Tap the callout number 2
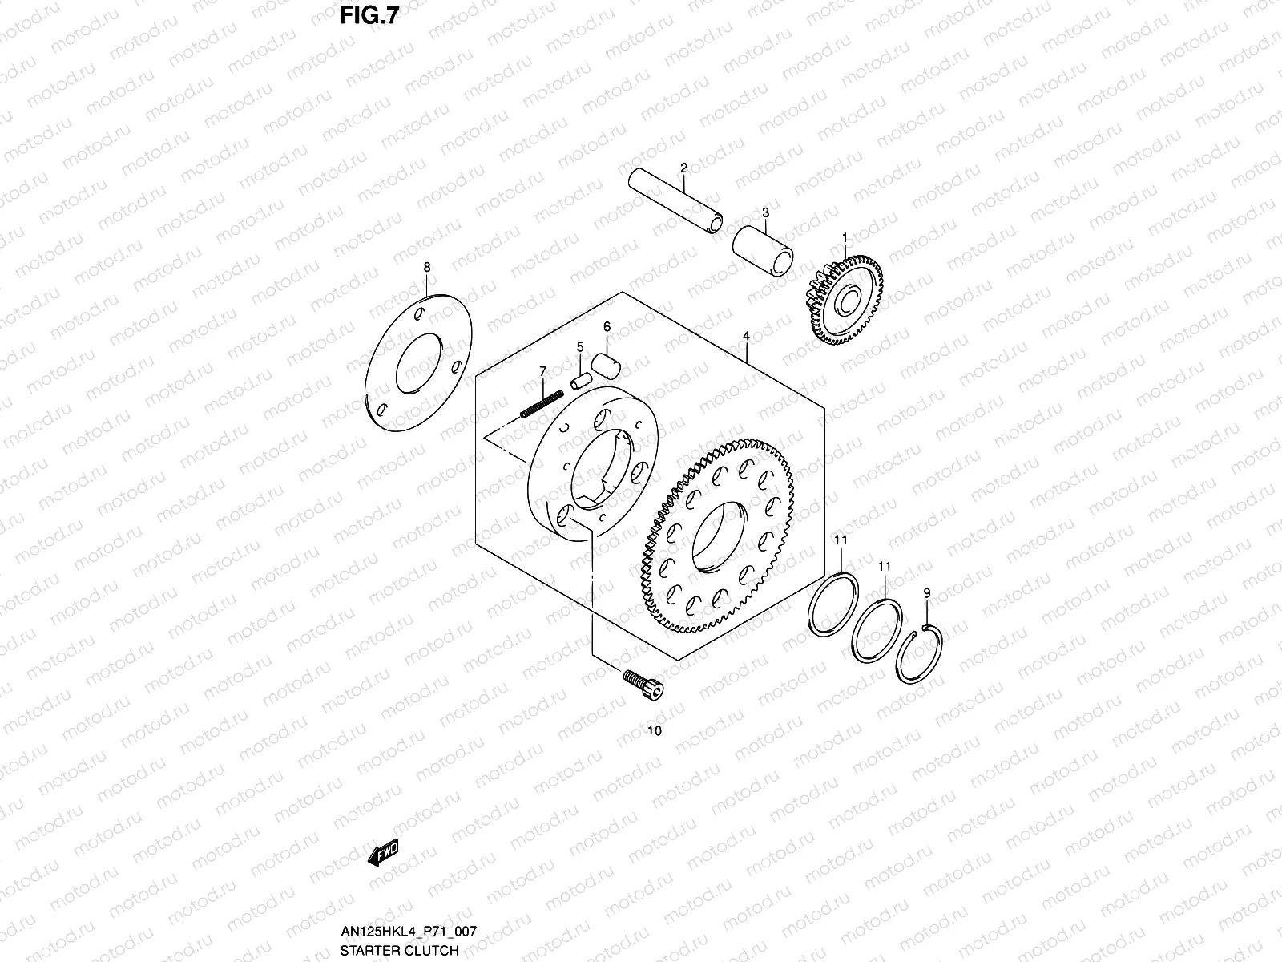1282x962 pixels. click(683, 168)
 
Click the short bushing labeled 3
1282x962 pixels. click(764, 250)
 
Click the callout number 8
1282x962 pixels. click(427, 266)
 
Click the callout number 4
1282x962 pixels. click(745, 335)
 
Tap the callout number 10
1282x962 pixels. click(655, 730)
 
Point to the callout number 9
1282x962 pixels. click(927, 592)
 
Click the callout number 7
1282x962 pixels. click(542, 370)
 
